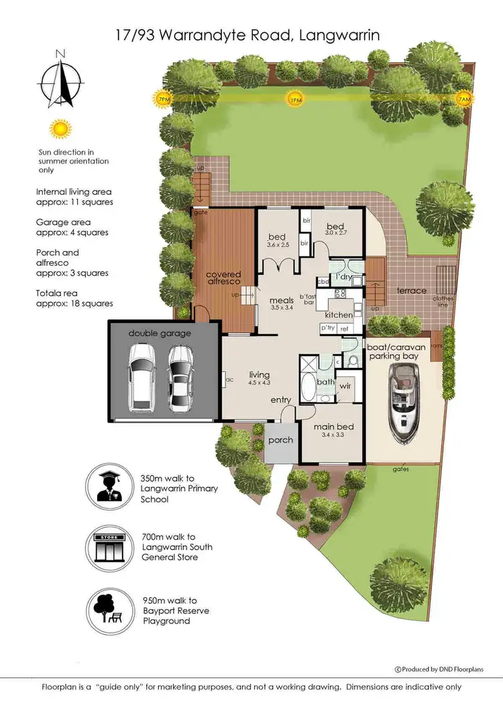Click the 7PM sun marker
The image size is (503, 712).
tap(162, 99)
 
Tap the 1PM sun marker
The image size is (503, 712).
tap(294, 99)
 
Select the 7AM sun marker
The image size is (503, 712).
tap(463, 99)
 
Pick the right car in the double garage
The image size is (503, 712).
tap(180, 378)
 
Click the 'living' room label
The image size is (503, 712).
tap(259, 374)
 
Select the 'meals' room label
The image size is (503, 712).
tap(282, 301)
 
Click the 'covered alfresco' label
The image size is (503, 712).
tap(223, 279)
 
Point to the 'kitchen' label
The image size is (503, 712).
tap(339, 315)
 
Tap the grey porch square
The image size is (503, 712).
tap(281, 442)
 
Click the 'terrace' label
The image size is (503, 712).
tap(411, 291)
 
